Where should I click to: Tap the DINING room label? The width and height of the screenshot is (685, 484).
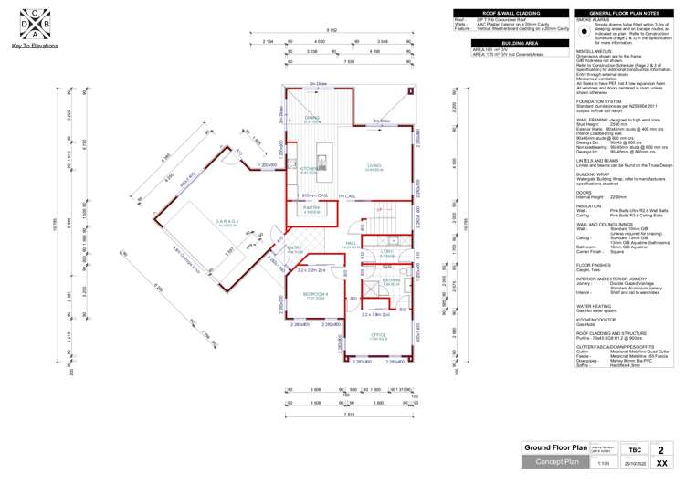tap(312, 119)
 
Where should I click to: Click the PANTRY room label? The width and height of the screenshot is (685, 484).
tap(311, 209)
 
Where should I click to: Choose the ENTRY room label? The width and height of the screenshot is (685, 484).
tap(295, 247)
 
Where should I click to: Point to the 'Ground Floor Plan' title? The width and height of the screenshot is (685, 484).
tap(554, 448)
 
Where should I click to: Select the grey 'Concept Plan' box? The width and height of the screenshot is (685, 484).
tap(554, 463)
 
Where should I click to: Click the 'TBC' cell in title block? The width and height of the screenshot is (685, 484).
tap(633, 449)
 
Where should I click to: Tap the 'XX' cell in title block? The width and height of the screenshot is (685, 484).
tap(673, 464)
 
